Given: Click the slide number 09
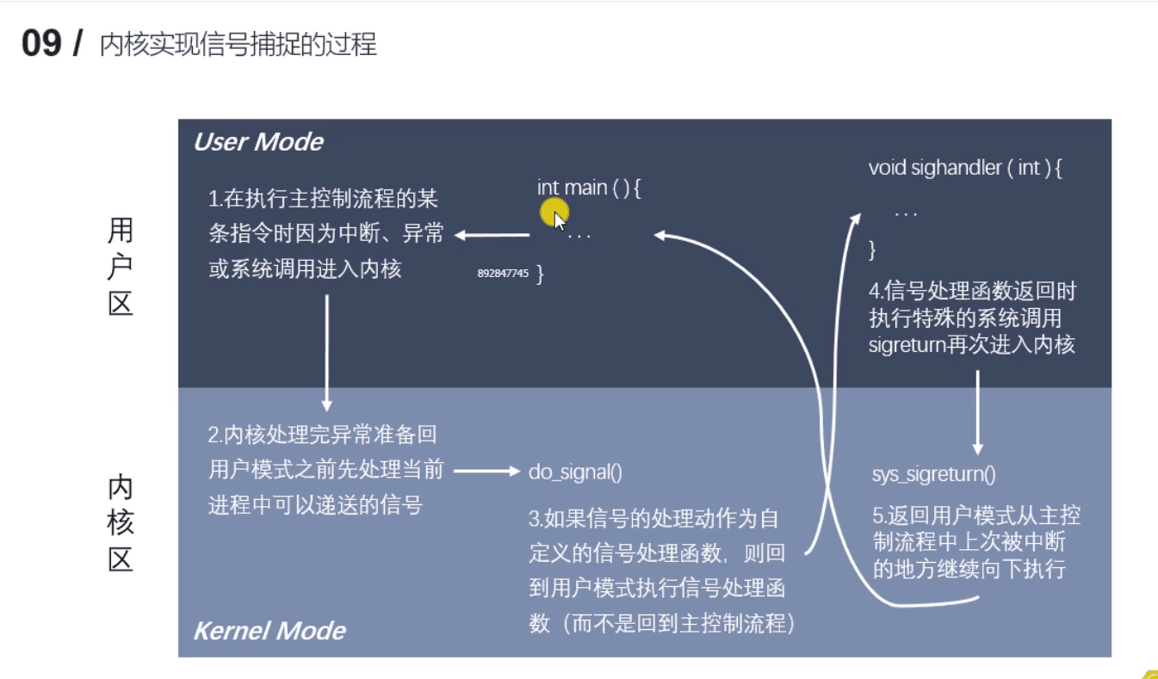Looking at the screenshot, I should [x=42, y=44].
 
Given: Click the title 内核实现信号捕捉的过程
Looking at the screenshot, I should [x=238, y=45].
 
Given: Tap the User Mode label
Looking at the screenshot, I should [x=258, y=142].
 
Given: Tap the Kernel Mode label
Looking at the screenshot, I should [x=269, y=631].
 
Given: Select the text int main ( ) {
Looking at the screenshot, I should [x=589, y=188].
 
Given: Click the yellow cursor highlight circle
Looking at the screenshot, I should [x=554, y=213].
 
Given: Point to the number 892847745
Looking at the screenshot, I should [x=503, y=274].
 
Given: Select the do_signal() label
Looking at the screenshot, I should [x=575, y=472].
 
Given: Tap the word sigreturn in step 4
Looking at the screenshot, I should [x=909, y=346].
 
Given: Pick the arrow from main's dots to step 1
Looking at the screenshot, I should [x=492, y=234].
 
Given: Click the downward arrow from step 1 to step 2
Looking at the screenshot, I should [x=326, y=353].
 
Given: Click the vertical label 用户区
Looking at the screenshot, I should [x=121, y=267].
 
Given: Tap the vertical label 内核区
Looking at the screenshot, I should [x=121, y=524].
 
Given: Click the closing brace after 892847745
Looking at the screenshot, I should [x=540, y=275].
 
